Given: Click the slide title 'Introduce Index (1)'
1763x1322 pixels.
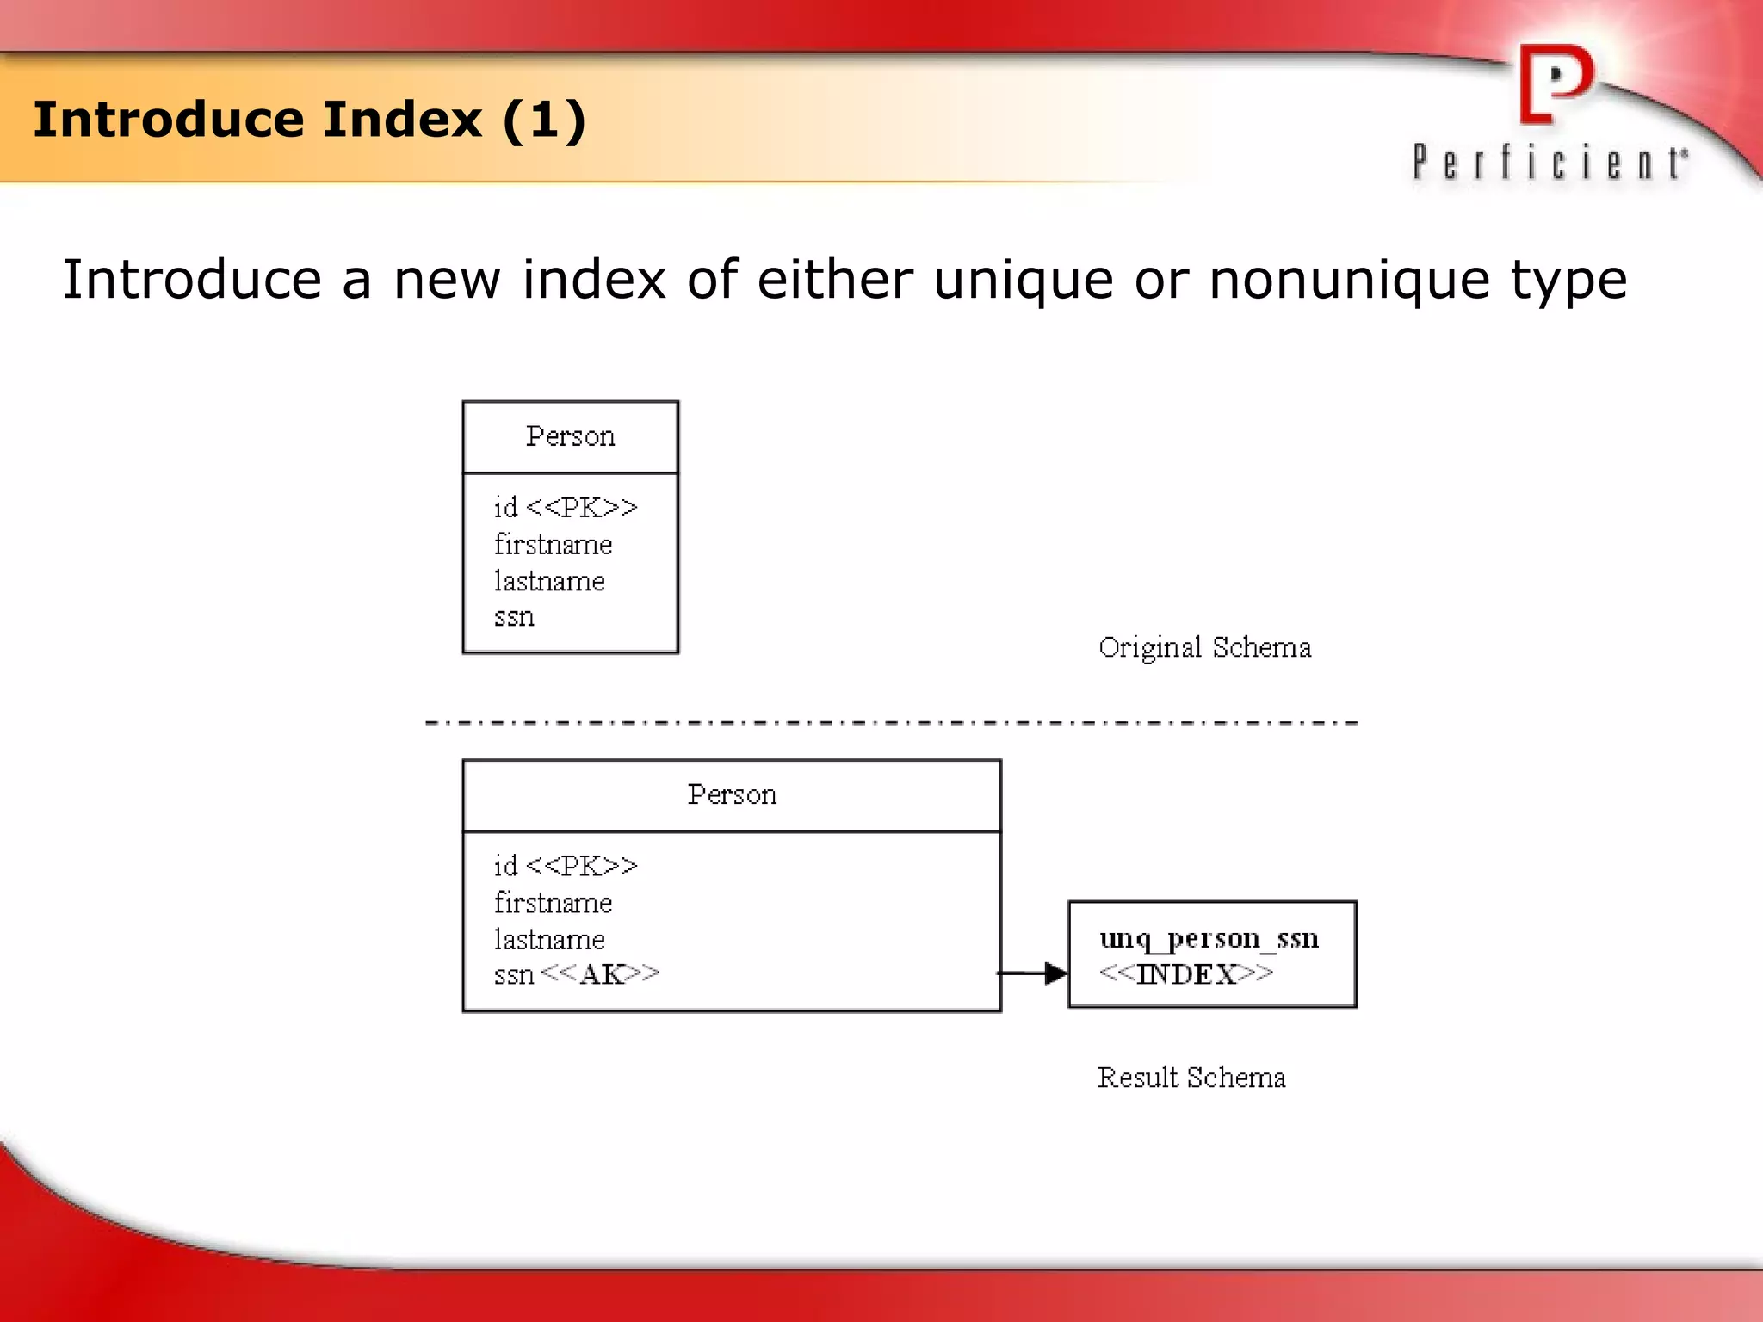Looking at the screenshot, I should [x=309, y=120].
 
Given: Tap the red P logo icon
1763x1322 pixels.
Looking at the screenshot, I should [x=1556, y=84].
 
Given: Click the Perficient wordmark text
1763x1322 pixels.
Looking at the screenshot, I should [x=1550, y=162].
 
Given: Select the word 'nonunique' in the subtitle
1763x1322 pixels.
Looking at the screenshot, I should [x=1349, y=280].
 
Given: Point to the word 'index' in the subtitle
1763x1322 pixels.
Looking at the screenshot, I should [x=594, y=280].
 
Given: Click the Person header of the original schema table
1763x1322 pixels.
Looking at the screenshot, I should [x=570, y=436].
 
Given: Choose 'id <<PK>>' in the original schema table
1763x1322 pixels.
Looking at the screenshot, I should [x=566, y=508].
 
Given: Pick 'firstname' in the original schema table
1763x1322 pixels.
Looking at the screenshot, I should [x=553, y=545].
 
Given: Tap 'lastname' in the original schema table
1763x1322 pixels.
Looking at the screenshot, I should [x=549, y=582].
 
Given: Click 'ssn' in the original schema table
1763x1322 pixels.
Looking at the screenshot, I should [x=514, y=617].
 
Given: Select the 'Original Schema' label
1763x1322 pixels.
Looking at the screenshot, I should [x=1204, y=647].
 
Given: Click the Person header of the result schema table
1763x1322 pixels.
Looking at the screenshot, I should [x=732, y=794].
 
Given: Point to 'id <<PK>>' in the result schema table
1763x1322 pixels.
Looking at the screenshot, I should [x=566, y=866].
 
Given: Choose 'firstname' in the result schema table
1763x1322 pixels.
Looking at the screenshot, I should [x=553, y=903].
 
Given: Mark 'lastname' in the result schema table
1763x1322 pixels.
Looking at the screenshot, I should [x=549, y=940].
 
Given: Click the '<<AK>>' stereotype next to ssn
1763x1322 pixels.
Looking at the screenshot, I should [x=600, y=974].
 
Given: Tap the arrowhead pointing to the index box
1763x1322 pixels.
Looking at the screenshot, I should [x=1055, y=973].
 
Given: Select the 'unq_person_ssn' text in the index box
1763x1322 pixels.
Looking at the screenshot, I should [x=1209, y=938].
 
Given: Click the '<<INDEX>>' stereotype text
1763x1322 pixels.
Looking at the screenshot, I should [x=1186, y=974].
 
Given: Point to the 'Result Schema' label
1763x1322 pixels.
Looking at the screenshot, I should [x=1191, y=1078].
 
